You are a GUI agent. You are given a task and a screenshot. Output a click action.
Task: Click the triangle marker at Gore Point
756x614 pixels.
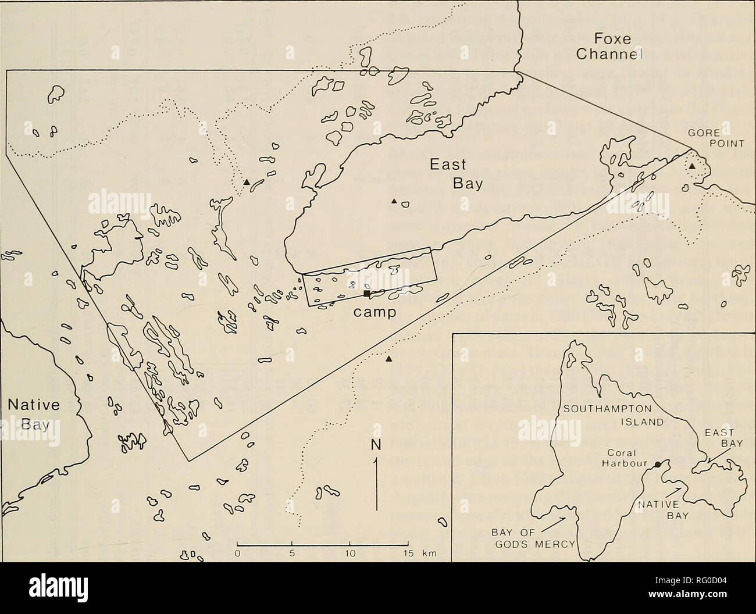692,167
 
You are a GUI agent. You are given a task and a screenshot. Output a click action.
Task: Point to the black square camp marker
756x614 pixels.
367,294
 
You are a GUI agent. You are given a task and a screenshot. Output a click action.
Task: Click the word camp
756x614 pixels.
376,312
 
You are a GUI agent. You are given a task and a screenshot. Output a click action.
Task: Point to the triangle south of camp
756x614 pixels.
388,359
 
